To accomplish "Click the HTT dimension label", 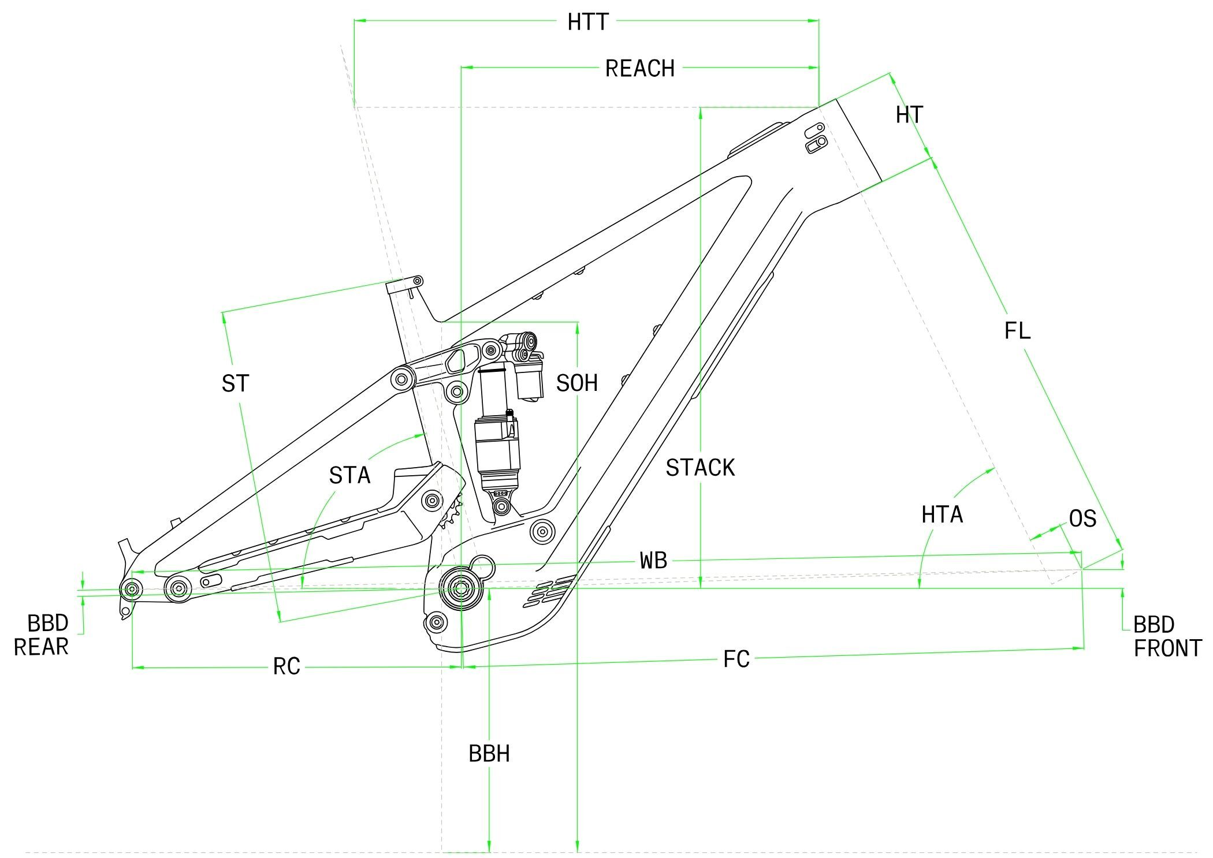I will click(x=588, y=22).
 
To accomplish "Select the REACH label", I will click(x=639, y=69).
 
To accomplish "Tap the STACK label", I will click(x=700, y=467).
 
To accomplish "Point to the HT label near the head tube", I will click(x=909, y=115).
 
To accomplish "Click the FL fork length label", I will click(x=1017, y=331).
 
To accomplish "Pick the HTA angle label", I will click(x=942, y=514).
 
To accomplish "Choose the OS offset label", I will click(x=1082, y=518).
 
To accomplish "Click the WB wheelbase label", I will click(x=653, y=560).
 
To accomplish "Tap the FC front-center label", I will click(x=736, y=659).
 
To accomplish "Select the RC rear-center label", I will click(x=286, y=667).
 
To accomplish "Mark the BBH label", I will click(x=489, y=753).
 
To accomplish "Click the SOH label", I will click(x=576, y=383).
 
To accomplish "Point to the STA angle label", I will click(x=349, y=475).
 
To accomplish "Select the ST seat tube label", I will click(x=235, y=384).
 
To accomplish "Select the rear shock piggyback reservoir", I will click(x=529, y=378).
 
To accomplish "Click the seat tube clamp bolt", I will click(x=418, y=281).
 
